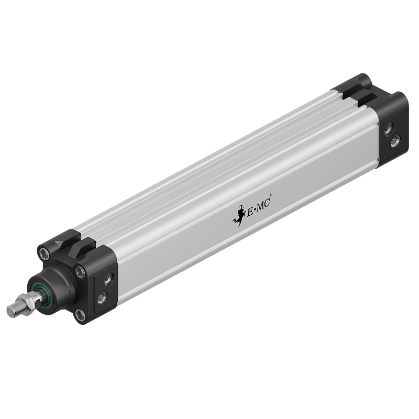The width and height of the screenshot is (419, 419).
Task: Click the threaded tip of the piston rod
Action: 15,310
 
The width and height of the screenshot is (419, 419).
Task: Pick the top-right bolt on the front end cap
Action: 80,272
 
